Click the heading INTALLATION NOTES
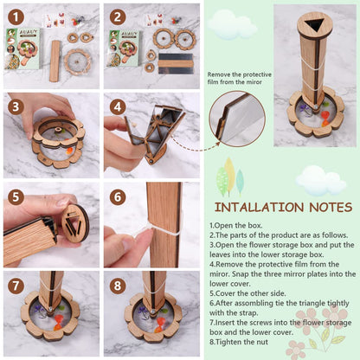pos(283,208)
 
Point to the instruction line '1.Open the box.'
pos(236,226)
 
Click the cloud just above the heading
pos(321,180)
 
